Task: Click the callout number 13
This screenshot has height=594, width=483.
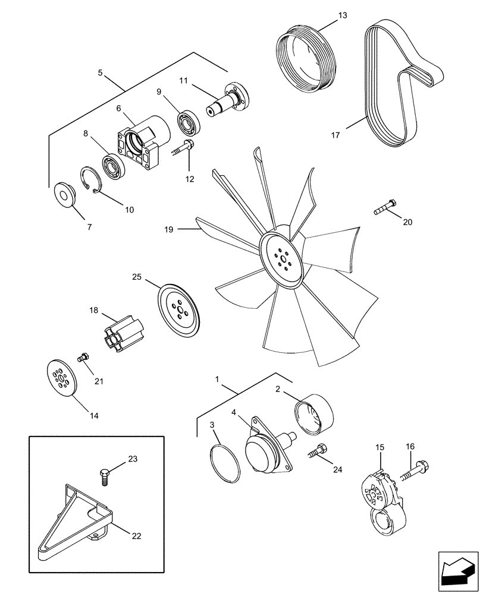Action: click(x=342, y=15)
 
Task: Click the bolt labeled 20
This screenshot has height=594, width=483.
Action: click(x=385, y=207)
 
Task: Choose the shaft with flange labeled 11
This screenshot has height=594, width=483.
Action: click(x=228, y=100)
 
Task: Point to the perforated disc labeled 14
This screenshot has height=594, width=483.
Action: click(x=61, y=378)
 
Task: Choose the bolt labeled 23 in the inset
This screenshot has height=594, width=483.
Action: click(x=104, y=476)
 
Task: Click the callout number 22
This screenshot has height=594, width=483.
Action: click(x=137, y=536)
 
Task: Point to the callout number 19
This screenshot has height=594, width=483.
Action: click(x=169, y=229)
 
